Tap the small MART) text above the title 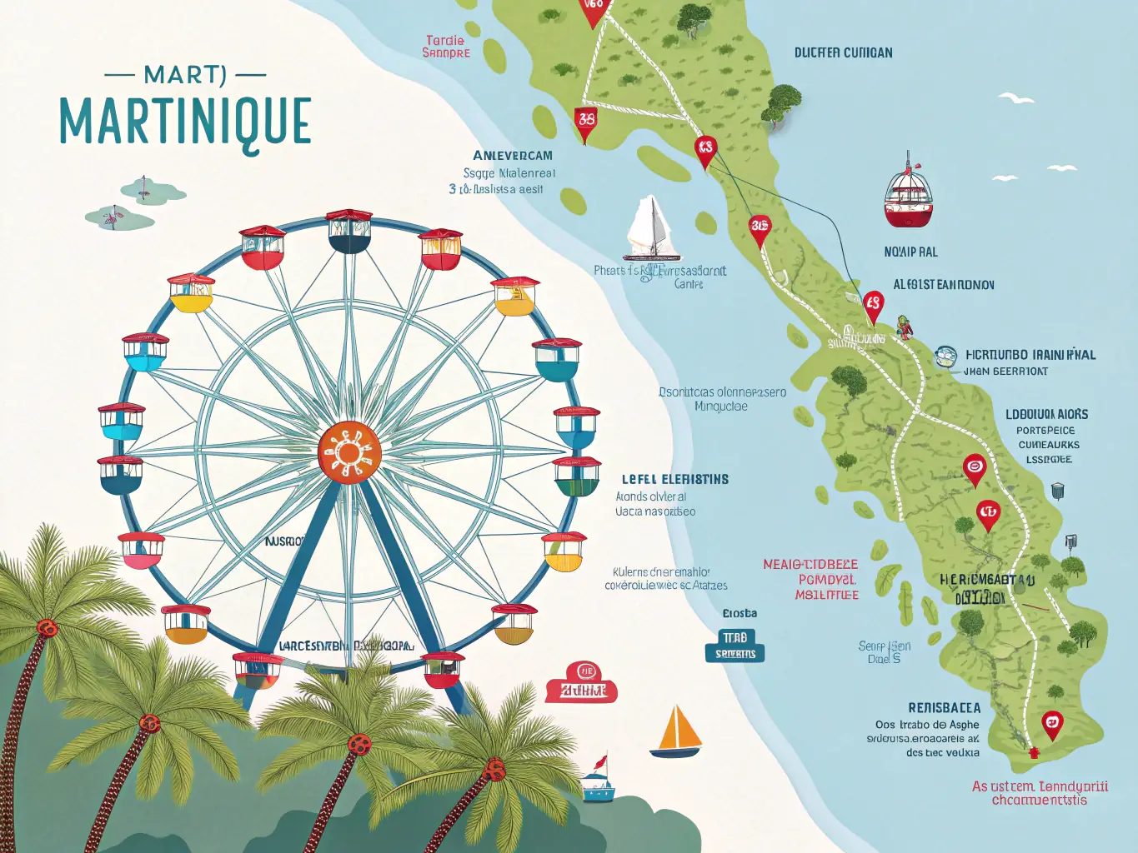184,75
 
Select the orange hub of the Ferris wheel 349,451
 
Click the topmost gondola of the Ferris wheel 349,232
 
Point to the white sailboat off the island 650,231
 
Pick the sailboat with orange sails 677,732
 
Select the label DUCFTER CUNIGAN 843,52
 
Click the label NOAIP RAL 910,252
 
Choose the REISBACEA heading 944,707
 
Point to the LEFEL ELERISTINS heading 674,479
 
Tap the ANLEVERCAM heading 512,156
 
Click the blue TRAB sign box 734,646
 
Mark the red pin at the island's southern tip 1052,723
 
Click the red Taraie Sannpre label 446,47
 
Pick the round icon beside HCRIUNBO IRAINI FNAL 945,357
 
